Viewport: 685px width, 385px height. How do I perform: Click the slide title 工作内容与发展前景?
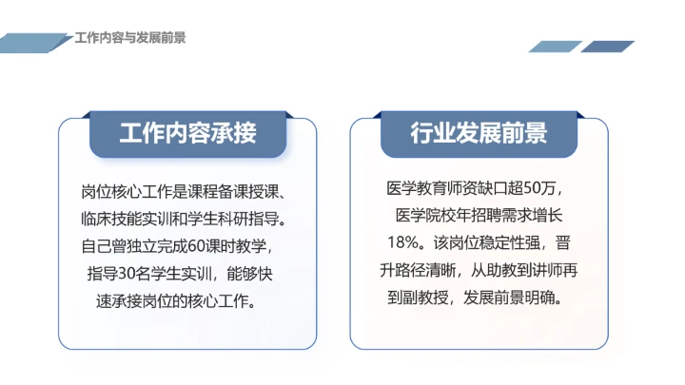(x=129, y=38)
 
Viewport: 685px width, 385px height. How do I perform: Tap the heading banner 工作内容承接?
(x=187, y=132)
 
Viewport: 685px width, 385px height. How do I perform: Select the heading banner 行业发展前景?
(x=479, y=132)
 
